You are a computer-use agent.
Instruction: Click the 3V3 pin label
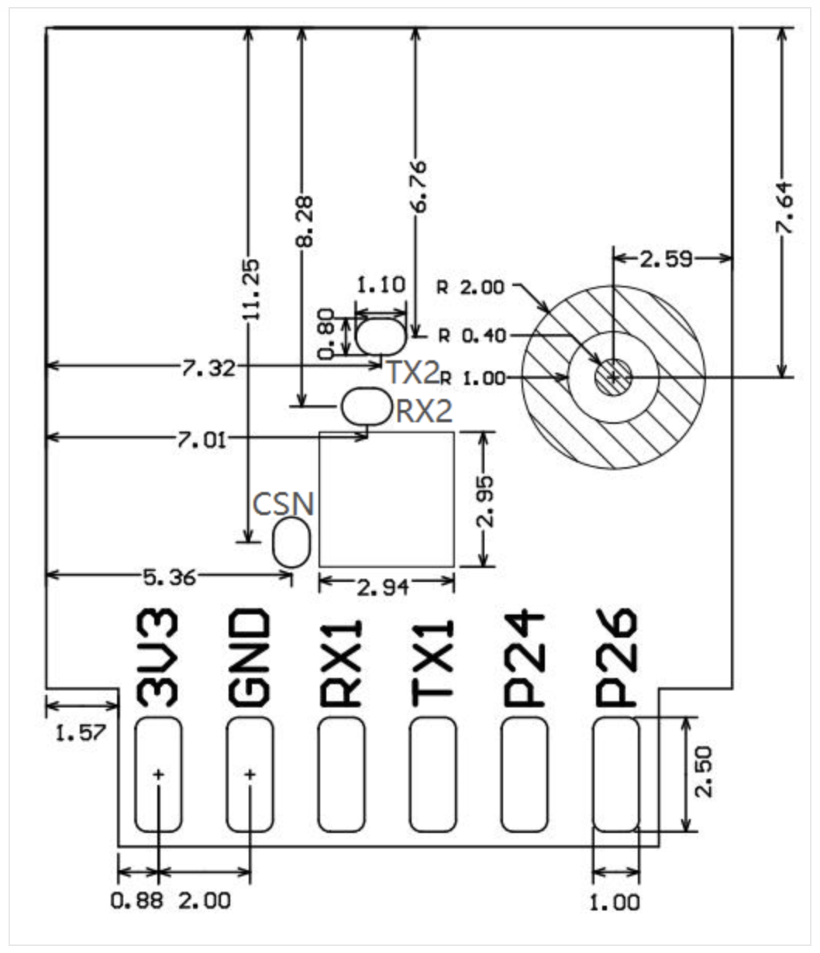[x=157, y=658]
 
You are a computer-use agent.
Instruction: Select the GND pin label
[x=249, y=658]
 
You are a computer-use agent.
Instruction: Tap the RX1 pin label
[x=341, y=663]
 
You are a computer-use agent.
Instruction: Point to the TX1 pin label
[x=432, y=663]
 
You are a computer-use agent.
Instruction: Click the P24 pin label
[x=525, y=659]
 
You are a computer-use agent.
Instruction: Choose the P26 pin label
[x=616, y=658]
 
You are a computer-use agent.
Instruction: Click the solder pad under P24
[x=525, y=775]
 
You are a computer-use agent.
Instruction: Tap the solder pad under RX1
[x=341, y=775]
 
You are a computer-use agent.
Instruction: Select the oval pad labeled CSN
[x=291, y=542]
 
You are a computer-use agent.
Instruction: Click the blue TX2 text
[x=413, y=373]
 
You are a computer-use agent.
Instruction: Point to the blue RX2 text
[x=424, y=411]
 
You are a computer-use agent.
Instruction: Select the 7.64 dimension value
[x=784, y=208]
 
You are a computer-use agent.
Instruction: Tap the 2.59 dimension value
[x=667, y=260]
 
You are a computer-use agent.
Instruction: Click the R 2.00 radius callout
[x=471, y=287]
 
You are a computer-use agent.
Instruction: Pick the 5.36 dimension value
[x=170, y=578]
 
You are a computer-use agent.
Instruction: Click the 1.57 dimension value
[x=81, y=733]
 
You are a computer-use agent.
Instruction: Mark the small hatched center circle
[x=613, y=377]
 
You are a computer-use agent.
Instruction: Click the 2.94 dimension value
[x=383, y=588]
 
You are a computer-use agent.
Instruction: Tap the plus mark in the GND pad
[x=250, y=775]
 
